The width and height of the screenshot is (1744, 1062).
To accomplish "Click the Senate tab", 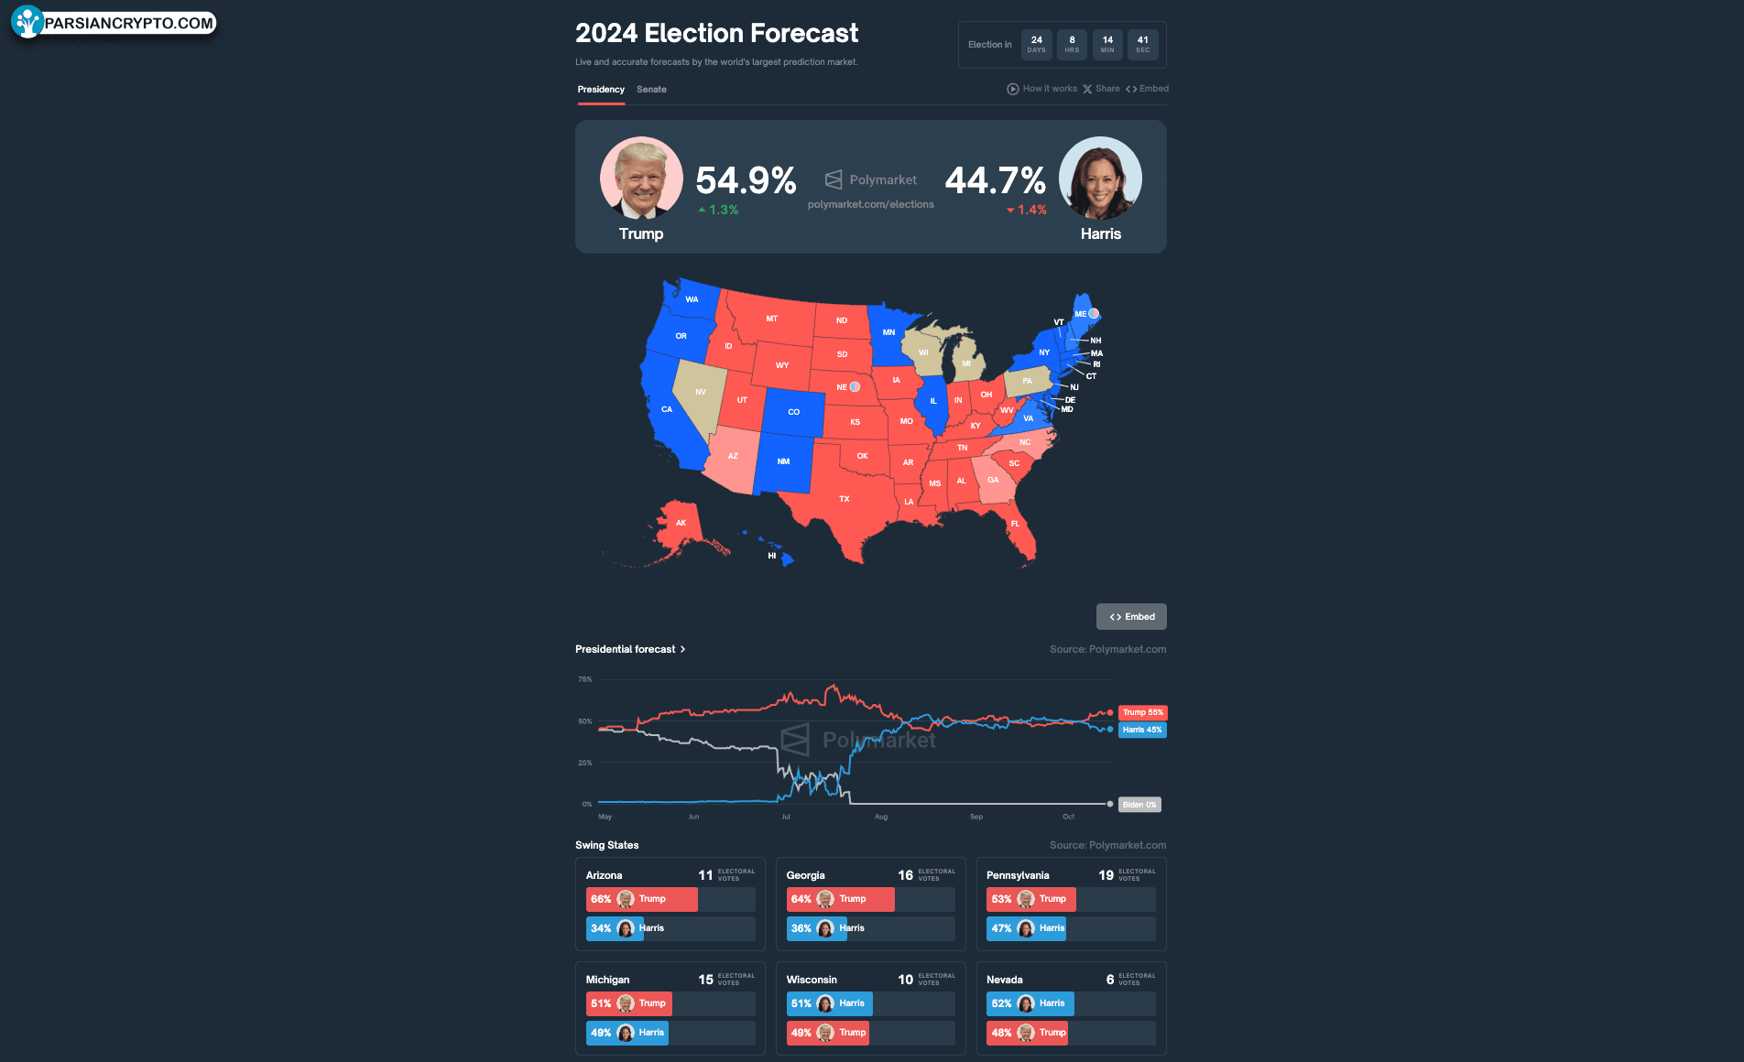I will tap(651, 90).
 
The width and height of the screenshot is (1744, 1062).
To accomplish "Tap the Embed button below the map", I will tap(1131, 617).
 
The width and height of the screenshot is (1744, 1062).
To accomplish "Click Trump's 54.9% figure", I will tap(746, 180).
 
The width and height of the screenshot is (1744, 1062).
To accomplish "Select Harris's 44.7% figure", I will tap(995, 180).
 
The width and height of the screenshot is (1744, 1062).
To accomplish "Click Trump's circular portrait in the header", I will tap(641, 179).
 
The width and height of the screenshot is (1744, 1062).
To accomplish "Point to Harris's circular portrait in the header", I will tap(1100, 179).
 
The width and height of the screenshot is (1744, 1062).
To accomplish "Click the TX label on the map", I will tap(845, 499).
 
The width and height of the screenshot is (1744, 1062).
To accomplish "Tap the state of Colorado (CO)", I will tap(793, 412).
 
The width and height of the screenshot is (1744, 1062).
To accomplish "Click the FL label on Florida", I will tap(1015, 524).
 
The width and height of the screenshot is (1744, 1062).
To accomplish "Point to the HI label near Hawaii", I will tap(772, 556).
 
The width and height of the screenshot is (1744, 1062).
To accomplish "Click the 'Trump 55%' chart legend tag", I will tap(1142, 712).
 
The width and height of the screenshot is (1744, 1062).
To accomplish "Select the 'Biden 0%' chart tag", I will tap(1139, 805).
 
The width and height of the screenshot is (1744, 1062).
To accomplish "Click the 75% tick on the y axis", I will tap(584, 679).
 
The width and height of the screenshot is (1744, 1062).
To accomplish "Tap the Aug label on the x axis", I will tap(881, 817).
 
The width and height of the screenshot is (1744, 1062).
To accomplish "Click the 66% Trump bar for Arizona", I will tap(641, 899).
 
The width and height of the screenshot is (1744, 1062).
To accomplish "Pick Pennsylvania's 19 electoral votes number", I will tap(1106, 875).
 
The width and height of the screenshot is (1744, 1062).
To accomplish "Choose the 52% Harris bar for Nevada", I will tap(1030, 1003).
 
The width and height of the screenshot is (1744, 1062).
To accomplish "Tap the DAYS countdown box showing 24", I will tap(1036, 44).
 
